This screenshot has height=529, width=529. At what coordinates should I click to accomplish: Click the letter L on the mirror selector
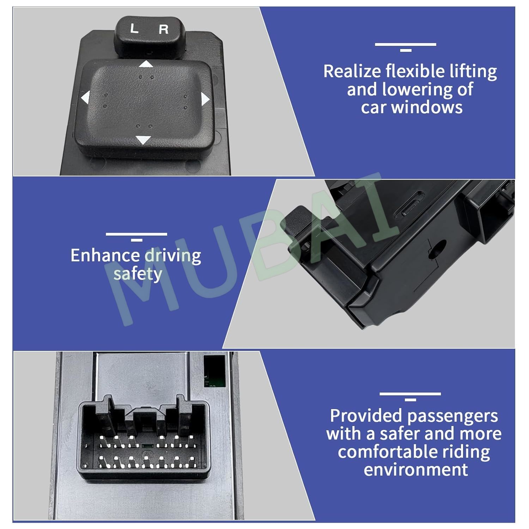pyautogui.click(x=134, y=29)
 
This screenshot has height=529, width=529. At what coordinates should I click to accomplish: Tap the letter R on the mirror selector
pyautogui.click(x=163, y=29)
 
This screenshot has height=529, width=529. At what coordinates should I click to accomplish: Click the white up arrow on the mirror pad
pyautogui.click(x=146, y=64)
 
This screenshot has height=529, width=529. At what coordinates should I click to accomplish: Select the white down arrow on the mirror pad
pyautogui.click(x=143, y=140)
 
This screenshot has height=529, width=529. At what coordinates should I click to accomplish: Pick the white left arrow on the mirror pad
pyautogui.click(x=85, y=97)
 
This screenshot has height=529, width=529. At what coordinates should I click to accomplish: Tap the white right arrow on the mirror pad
pyautogui.click(x=205, y=99)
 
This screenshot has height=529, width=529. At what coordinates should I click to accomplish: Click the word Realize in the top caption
pyautogui.click(x=352, y=72)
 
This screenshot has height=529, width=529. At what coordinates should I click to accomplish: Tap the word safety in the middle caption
pyautogui.click(x=138, y=274)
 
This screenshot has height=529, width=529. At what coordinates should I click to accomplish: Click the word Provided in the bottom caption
pyautogui.click(x=367, y=416)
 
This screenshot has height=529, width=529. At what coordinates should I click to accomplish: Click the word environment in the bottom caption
pyautogui.click(x=416, y=470)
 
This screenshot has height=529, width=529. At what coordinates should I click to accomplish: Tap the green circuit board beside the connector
pyautogui.click(x=214, y=371)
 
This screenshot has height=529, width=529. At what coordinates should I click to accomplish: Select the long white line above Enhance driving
pyautogui.click(x=136, y=234)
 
